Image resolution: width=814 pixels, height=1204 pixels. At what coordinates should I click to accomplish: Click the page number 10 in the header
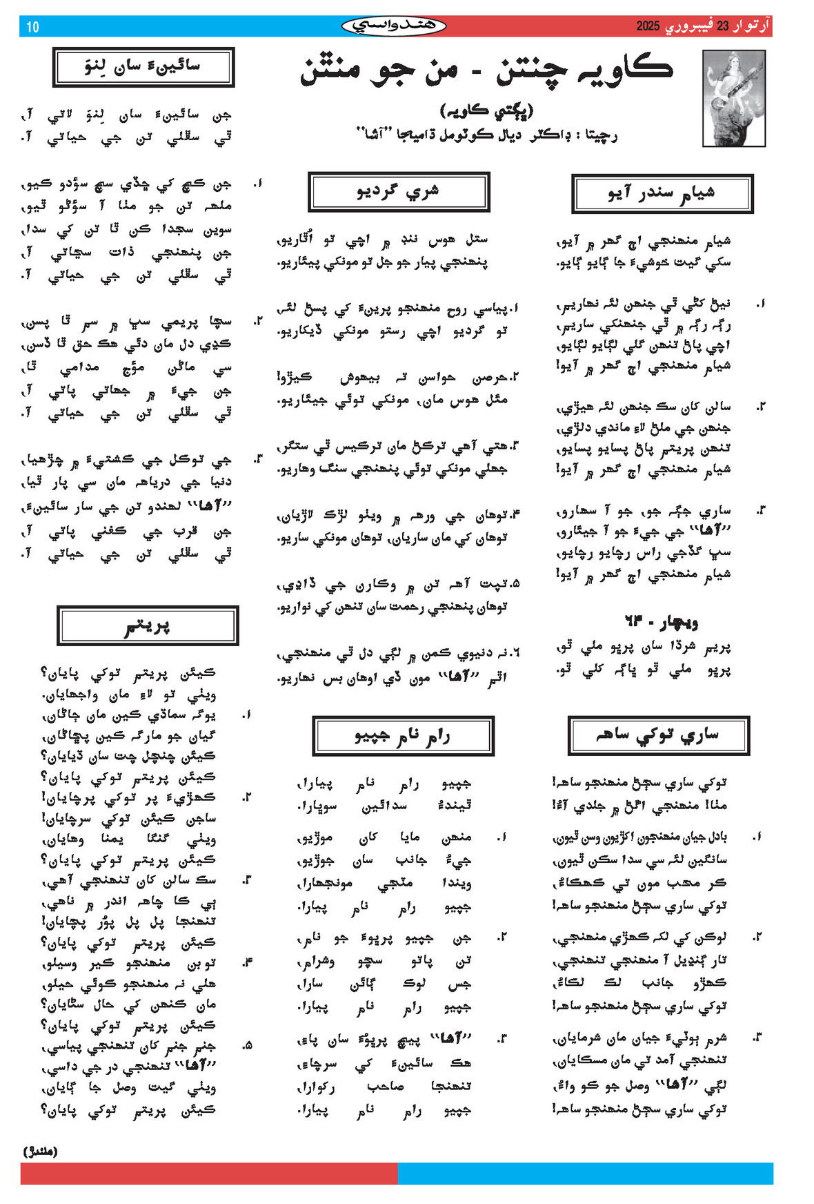(x=32, y=27)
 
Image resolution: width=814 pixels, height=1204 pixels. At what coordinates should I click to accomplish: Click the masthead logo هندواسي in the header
(x=394, y=26)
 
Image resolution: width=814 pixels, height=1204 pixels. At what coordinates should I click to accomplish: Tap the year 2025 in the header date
(x=648, y=27)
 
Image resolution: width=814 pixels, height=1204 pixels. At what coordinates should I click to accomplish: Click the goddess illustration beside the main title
(x=733, y=98)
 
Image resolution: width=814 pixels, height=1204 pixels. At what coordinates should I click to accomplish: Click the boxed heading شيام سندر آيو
(x=662, y=194)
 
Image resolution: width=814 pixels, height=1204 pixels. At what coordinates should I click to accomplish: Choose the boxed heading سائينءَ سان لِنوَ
(x=143, y=67)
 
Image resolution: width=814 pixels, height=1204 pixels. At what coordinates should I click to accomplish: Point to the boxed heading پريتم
(x=148, y=626)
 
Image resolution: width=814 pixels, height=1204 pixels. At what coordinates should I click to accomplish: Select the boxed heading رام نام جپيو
(x=403, y=736)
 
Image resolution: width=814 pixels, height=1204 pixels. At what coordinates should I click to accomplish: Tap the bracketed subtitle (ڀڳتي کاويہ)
(x=487, y=110)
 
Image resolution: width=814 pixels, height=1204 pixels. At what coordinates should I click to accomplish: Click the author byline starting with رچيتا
(x=486, y=134)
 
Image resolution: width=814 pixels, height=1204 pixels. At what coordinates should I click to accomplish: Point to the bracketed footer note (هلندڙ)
(x=41, y=1151)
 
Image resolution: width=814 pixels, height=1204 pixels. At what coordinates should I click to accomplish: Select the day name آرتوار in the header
(x=751, y=27)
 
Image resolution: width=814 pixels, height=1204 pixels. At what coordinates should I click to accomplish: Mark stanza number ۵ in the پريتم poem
(x=248, y=1045)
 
